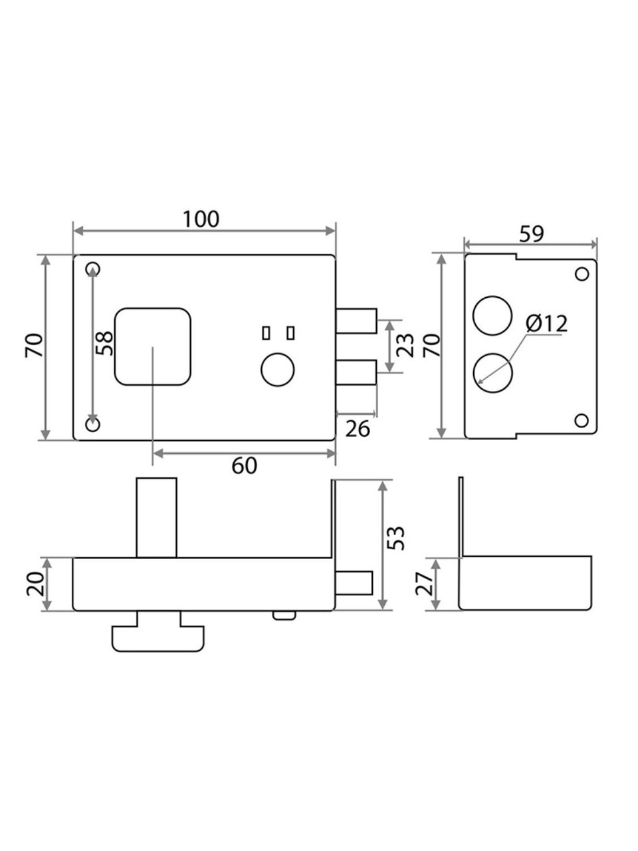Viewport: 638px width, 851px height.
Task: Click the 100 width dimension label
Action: pyautogui.click(x=201, y=219)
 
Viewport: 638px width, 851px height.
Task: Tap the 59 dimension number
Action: pyautogui.click(x=532, y=233)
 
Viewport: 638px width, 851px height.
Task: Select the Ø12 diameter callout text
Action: pyautogui.click(x=546, y=324)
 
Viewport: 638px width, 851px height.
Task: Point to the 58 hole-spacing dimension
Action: pyautogui.click(x=104, y=343)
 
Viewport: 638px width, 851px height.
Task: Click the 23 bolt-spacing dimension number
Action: pyautogui.click(x=405, y=346)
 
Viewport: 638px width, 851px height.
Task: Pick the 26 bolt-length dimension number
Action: pyautogui.click(x=358, y=429)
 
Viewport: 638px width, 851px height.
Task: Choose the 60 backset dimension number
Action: pyautogui.click(x=244, y=465)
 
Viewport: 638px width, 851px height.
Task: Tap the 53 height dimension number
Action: pyautogui.click(x=396, y=538)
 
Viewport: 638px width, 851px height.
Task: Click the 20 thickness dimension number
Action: pyautogui.click(x=35, y=584)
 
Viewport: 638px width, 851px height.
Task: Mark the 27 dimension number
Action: pyautogui.click(x=424, y=584)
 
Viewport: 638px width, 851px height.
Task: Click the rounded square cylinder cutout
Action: pyautogui.click(x=153, y=346)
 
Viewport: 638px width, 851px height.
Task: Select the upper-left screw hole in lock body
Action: pyautogui.click(x=92, y=269)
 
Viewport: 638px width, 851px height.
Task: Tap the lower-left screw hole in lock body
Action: pyautogui.click(x=92, y=425)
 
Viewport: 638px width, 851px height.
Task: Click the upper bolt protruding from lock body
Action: pyautogui.click(x=356, y=320)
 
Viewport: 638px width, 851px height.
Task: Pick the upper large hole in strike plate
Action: pyautogui.click(x=492, y=316)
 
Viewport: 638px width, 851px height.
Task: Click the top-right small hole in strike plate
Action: pyautogui.click(x=582, y=274)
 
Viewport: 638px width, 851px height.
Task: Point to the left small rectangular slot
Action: pyautogui.click(x=266, y=333)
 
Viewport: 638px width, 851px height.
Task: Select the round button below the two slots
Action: pyautogui.click(x=278, y=370)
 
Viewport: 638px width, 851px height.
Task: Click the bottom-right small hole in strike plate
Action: pyautogui.click(x=581, y=421)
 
